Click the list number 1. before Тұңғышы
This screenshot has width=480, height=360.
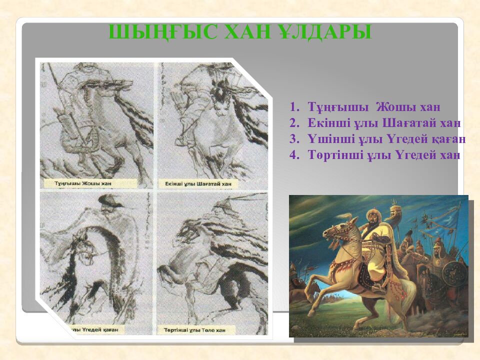point(294,107)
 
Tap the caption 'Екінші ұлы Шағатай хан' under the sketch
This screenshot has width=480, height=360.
point(198,184)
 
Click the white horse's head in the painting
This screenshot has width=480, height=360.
point(334,231)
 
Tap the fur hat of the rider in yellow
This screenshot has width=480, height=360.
point(372,215)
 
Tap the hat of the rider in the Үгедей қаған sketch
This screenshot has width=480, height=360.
point(109,201)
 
